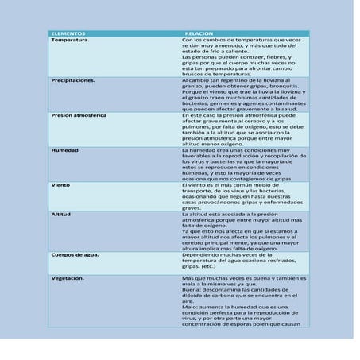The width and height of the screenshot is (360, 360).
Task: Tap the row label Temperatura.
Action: click(x=70, y=40)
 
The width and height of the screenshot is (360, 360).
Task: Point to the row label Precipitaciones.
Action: click(x=73, y=81)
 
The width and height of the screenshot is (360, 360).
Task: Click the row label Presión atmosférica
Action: click(x=79, y=115)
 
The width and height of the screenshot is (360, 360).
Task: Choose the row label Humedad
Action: click(x=65, y=150)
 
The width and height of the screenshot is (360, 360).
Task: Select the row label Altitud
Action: click(x=61, y=214)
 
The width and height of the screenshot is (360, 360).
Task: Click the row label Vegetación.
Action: click(x=68, y=279)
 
